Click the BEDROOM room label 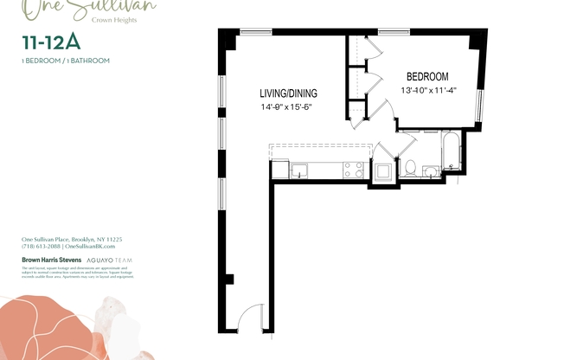point(427,77)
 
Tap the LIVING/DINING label point(288,93)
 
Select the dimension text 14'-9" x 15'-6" point(285,107)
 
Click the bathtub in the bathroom point(452,153)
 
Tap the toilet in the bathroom point(410,166)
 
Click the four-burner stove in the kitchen point(354,170)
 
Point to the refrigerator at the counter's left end point(280,170)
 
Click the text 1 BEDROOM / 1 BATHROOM point(66,61)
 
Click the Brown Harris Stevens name point(51,259)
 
